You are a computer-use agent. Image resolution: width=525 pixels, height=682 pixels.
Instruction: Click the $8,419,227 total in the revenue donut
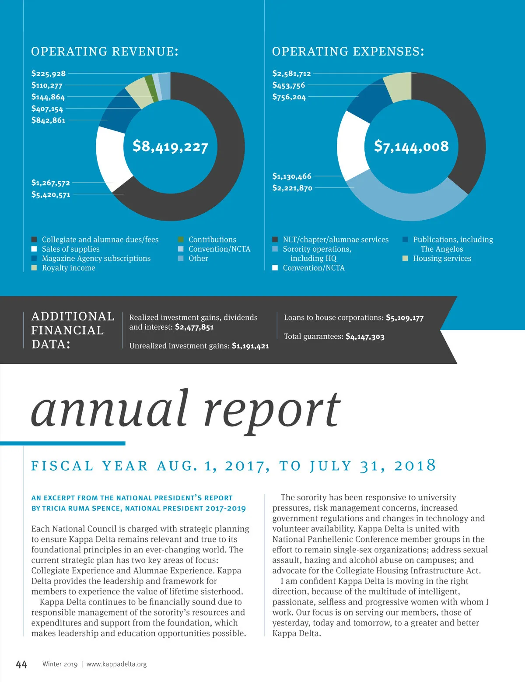pos(170,146)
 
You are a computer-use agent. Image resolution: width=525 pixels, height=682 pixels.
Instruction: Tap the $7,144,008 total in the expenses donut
pos(411,146)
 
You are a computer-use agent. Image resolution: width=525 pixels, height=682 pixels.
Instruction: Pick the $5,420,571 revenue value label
pos(51,195)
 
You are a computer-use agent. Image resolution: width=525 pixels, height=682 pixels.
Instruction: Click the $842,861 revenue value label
pos(48,120)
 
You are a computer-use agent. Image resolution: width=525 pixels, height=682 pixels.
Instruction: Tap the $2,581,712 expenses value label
pos(291,74)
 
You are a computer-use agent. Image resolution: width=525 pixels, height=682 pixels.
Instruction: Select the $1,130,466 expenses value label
pos(292,176)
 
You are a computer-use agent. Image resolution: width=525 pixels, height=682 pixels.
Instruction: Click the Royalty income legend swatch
pos(34,268)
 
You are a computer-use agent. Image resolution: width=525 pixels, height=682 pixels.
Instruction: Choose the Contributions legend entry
pos(212,239)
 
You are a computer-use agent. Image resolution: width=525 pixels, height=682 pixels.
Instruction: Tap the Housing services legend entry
pos(442,258)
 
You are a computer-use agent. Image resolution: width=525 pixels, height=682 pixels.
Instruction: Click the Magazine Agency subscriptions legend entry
pos(96,258)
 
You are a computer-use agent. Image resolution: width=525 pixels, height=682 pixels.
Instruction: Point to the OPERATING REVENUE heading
pos(105,52)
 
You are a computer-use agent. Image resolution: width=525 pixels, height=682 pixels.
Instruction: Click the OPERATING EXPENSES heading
pos(348,52)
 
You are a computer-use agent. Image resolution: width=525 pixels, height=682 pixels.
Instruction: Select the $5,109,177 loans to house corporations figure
pos(405,318)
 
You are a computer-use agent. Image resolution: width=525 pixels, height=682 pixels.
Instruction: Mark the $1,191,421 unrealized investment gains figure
pos(250,346)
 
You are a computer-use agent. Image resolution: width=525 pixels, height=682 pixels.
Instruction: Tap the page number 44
pos(21,664)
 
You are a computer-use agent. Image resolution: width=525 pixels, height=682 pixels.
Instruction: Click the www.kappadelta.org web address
pos(116,664)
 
